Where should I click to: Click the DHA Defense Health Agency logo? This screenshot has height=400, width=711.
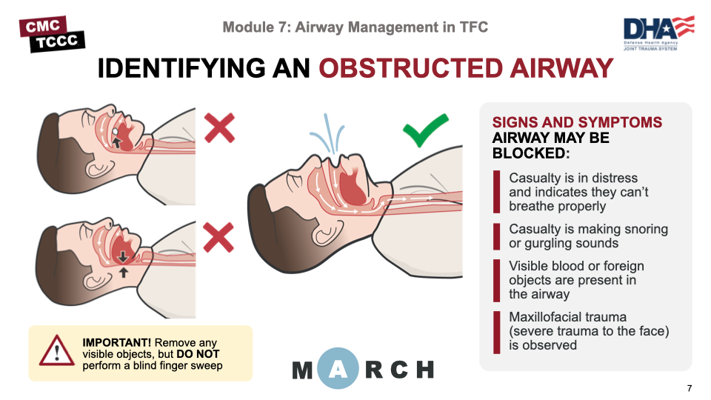pyautogui.click(x=658, y=33)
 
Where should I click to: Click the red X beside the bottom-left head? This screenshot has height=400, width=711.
pyautogui.click(x=219, y=237)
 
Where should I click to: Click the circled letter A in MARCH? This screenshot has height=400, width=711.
pyautogui.click(x=338, y=369)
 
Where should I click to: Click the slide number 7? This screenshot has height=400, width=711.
pyautogui.click(x=690, y=389)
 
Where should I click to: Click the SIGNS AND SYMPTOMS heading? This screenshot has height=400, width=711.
pyautogui.click(x=577, y=122)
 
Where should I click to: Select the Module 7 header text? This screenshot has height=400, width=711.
pyautogui.click(x=355, y=28)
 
